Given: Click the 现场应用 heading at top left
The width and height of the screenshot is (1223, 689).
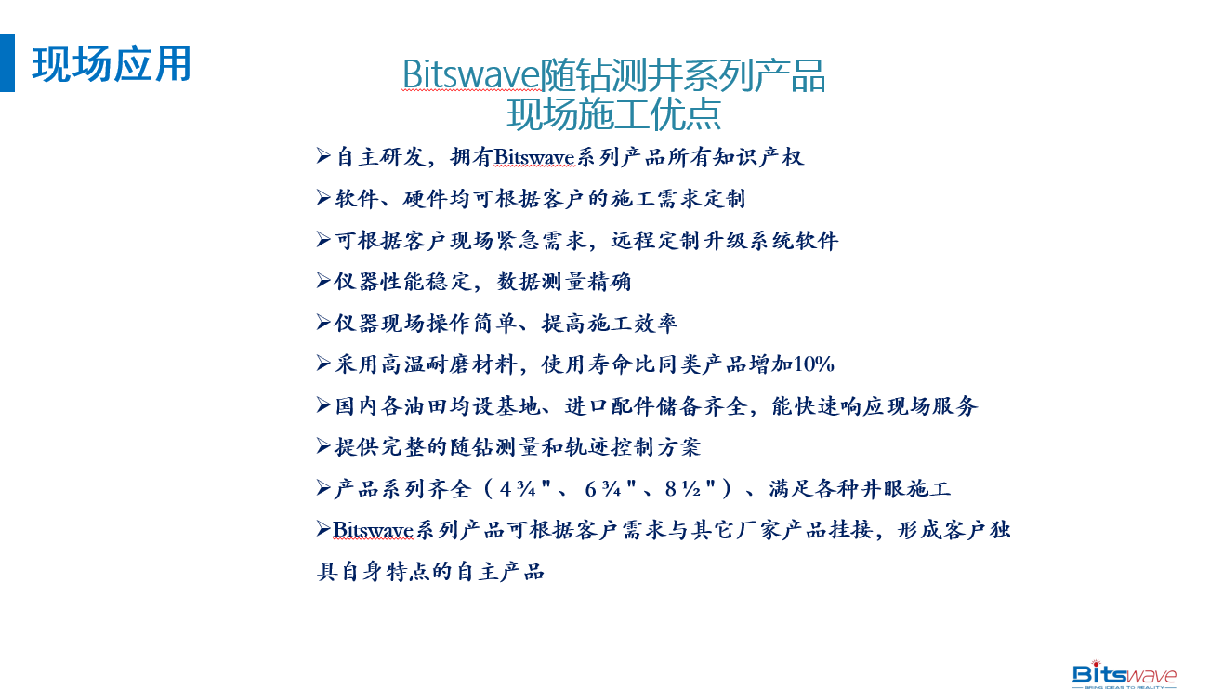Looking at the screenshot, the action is click(112, 64).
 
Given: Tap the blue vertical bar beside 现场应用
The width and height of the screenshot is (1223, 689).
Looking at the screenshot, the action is click(7, 63).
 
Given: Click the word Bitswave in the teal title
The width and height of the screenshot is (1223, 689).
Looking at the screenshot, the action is click(470, 74).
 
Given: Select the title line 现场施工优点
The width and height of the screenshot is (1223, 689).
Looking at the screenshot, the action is click(613, 114).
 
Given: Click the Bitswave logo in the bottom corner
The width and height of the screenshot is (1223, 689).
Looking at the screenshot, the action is click(1124, 674).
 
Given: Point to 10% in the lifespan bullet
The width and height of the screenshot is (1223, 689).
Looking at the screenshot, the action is click(813, 364).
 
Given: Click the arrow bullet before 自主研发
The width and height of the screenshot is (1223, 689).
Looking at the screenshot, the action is click(323, 156).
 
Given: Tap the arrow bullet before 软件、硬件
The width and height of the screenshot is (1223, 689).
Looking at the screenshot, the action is click(323, 198).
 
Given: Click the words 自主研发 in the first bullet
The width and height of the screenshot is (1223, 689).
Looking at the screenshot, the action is click(380, 157).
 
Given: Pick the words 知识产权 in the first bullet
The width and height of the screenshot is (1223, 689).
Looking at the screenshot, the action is click(757, 157).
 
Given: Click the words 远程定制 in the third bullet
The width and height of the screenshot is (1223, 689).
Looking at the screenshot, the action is click(655, 240).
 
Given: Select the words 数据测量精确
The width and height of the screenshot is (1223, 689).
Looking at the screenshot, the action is click(563, 282).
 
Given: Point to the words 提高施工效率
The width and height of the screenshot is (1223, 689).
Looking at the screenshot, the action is click(610, 323).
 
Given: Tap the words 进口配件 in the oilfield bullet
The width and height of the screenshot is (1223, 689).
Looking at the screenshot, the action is click(610, 406).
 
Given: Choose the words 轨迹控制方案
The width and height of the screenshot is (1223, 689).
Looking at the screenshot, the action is click(632, 447).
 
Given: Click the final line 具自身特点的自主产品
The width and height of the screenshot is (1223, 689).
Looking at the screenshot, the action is click(431, 572).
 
